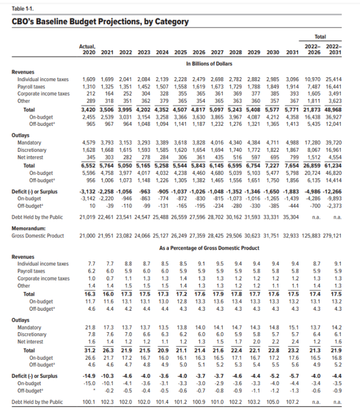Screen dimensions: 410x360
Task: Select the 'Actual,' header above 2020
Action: (88, 46)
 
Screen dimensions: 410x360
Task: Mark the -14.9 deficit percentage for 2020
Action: (90, 375)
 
